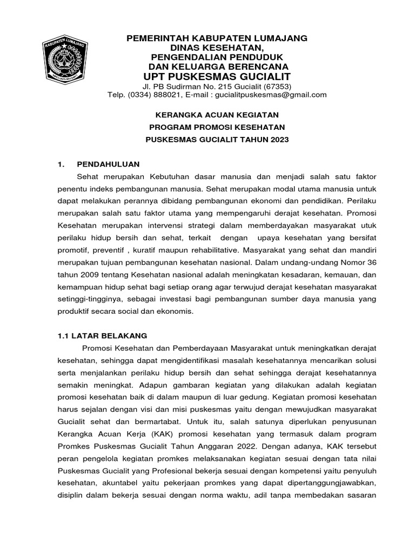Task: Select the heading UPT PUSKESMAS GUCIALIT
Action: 217,76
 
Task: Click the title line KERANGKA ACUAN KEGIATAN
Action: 217,115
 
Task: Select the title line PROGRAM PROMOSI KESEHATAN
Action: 217,127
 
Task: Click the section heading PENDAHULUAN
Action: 109,164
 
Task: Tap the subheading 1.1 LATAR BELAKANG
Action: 102,335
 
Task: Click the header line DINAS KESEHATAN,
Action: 217,48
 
